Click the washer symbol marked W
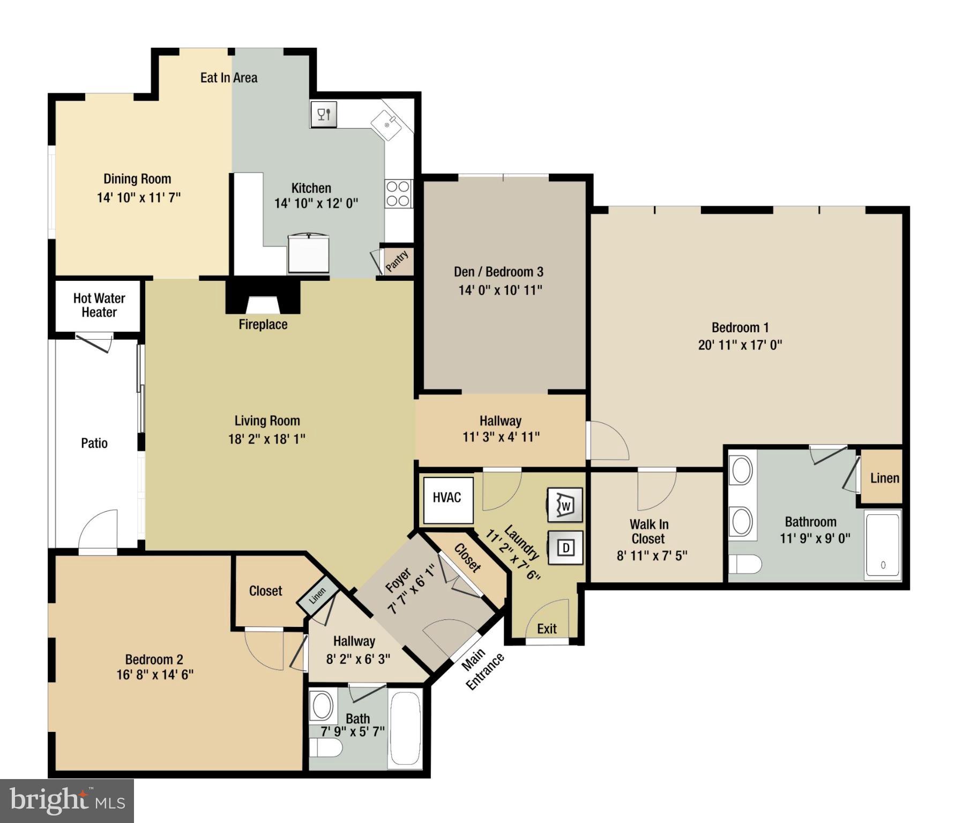pyautogui.click(x=565, y=505)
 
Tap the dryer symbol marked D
pyautogui.click(x=565, y=548)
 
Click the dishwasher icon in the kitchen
pyautogui.click(x=324, y=114)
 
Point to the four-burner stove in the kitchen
pyautogui.click(x=398, y=194)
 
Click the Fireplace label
pyautogui.click(x=263, y=324)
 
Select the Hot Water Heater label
pyautogui.click(x=99, y=305)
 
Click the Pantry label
pyautogui.click(x=397, y=261)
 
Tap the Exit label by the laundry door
pyautogui.click(x=547, y=629)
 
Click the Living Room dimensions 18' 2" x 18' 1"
pyautogui.click(x=266, y=439)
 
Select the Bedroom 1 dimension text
pyautogui.click(x=740, y=345)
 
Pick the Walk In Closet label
pyautogui.click(x=648, y=532)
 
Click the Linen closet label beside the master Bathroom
pyautogui.click(x=884, y=478)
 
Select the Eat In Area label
pyautogui.click(x=229, y=78)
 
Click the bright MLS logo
pyautogui.click(x=67, y=801)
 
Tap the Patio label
pyautogui.click(x=94, y=443)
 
